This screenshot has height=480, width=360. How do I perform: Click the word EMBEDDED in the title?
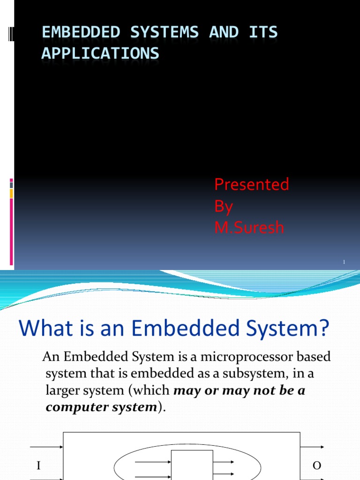[71, 32]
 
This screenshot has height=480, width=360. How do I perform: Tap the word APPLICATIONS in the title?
[100, 53]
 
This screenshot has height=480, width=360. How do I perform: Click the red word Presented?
[251, 185]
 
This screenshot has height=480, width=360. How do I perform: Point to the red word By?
[224, 206]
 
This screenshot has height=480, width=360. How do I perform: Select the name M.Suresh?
[249, 228]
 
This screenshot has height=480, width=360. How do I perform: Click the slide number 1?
[344, 262]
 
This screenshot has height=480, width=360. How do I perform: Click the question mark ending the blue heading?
[325, 329]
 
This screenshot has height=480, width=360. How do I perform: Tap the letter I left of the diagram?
[39, 465]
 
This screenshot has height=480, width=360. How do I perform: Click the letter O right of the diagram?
[316, 465]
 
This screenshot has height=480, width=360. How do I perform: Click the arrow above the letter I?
[47, 447]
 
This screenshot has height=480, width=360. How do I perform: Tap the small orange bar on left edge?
[11, 193]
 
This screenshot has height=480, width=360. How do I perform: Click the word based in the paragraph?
[316, 357]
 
